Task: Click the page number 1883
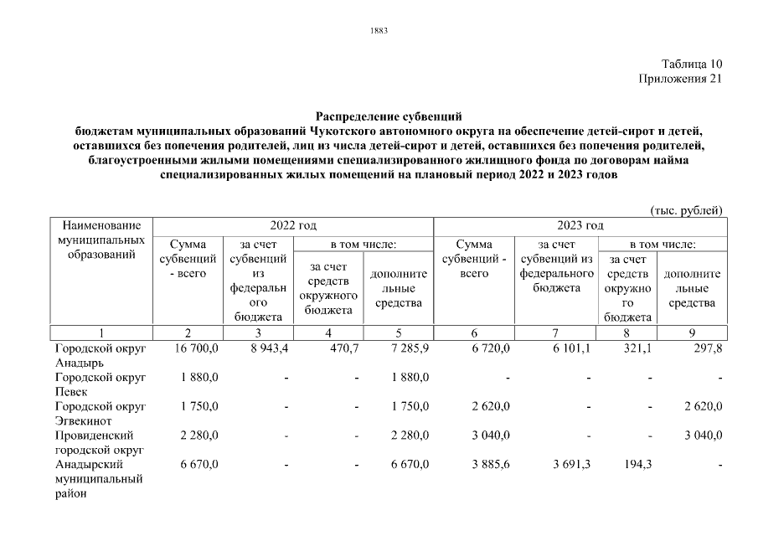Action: [x=379, y=31]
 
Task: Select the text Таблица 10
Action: [x=691, y=64]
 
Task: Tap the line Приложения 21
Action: [x=679, y=79]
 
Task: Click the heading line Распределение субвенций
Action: [x=389, y=116]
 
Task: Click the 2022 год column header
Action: [x=292, y=226]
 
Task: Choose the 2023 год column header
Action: [x=580, y=226]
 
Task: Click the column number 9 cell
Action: [x=692, y=332]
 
